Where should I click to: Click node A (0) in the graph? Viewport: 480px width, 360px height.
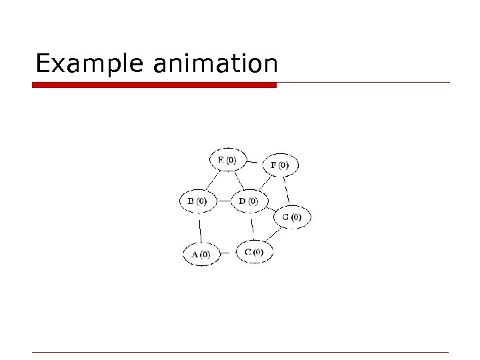201,254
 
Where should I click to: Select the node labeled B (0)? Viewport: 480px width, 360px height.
197,201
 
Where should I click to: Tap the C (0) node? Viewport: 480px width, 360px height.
254,252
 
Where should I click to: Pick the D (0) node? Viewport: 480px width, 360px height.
249,201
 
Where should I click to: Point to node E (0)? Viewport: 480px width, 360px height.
227,160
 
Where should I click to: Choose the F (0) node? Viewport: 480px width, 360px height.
280,164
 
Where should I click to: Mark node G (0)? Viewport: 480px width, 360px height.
291,217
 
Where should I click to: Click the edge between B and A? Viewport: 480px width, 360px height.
199,228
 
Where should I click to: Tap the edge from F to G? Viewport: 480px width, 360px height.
285,189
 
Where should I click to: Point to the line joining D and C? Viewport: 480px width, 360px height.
251,226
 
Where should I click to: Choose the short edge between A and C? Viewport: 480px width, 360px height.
227,253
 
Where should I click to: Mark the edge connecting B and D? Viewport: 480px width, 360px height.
223,201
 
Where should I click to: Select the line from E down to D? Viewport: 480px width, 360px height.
238,180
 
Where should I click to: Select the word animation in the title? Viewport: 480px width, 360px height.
215,64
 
